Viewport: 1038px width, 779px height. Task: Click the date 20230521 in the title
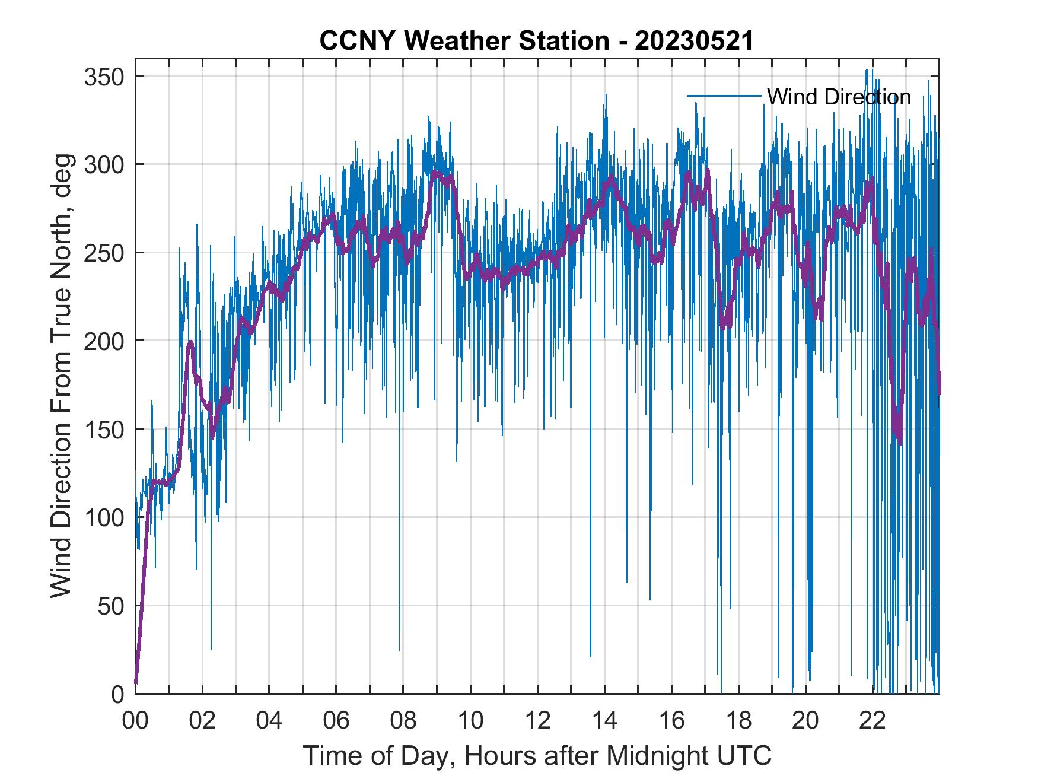694,42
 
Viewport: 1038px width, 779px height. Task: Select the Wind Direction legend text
839,97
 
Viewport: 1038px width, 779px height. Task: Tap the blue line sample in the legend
724,96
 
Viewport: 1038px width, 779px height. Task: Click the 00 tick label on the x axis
135,721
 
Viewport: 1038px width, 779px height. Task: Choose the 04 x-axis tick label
269,721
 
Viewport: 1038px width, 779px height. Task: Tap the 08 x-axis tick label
403,721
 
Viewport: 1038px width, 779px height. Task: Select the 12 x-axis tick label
537,721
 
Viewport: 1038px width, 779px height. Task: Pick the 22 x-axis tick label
873,721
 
